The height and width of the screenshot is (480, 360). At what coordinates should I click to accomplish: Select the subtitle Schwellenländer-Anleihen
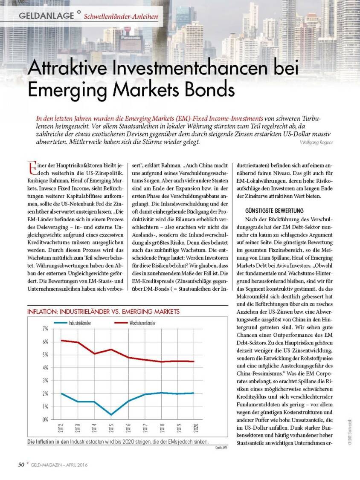point(121,17)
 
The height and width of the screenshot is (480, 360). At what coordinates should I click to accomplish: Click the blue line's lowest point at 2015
point(111,414)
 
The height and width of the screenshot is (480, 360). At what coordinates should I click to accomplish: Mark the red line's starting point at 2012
point(62,340)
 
